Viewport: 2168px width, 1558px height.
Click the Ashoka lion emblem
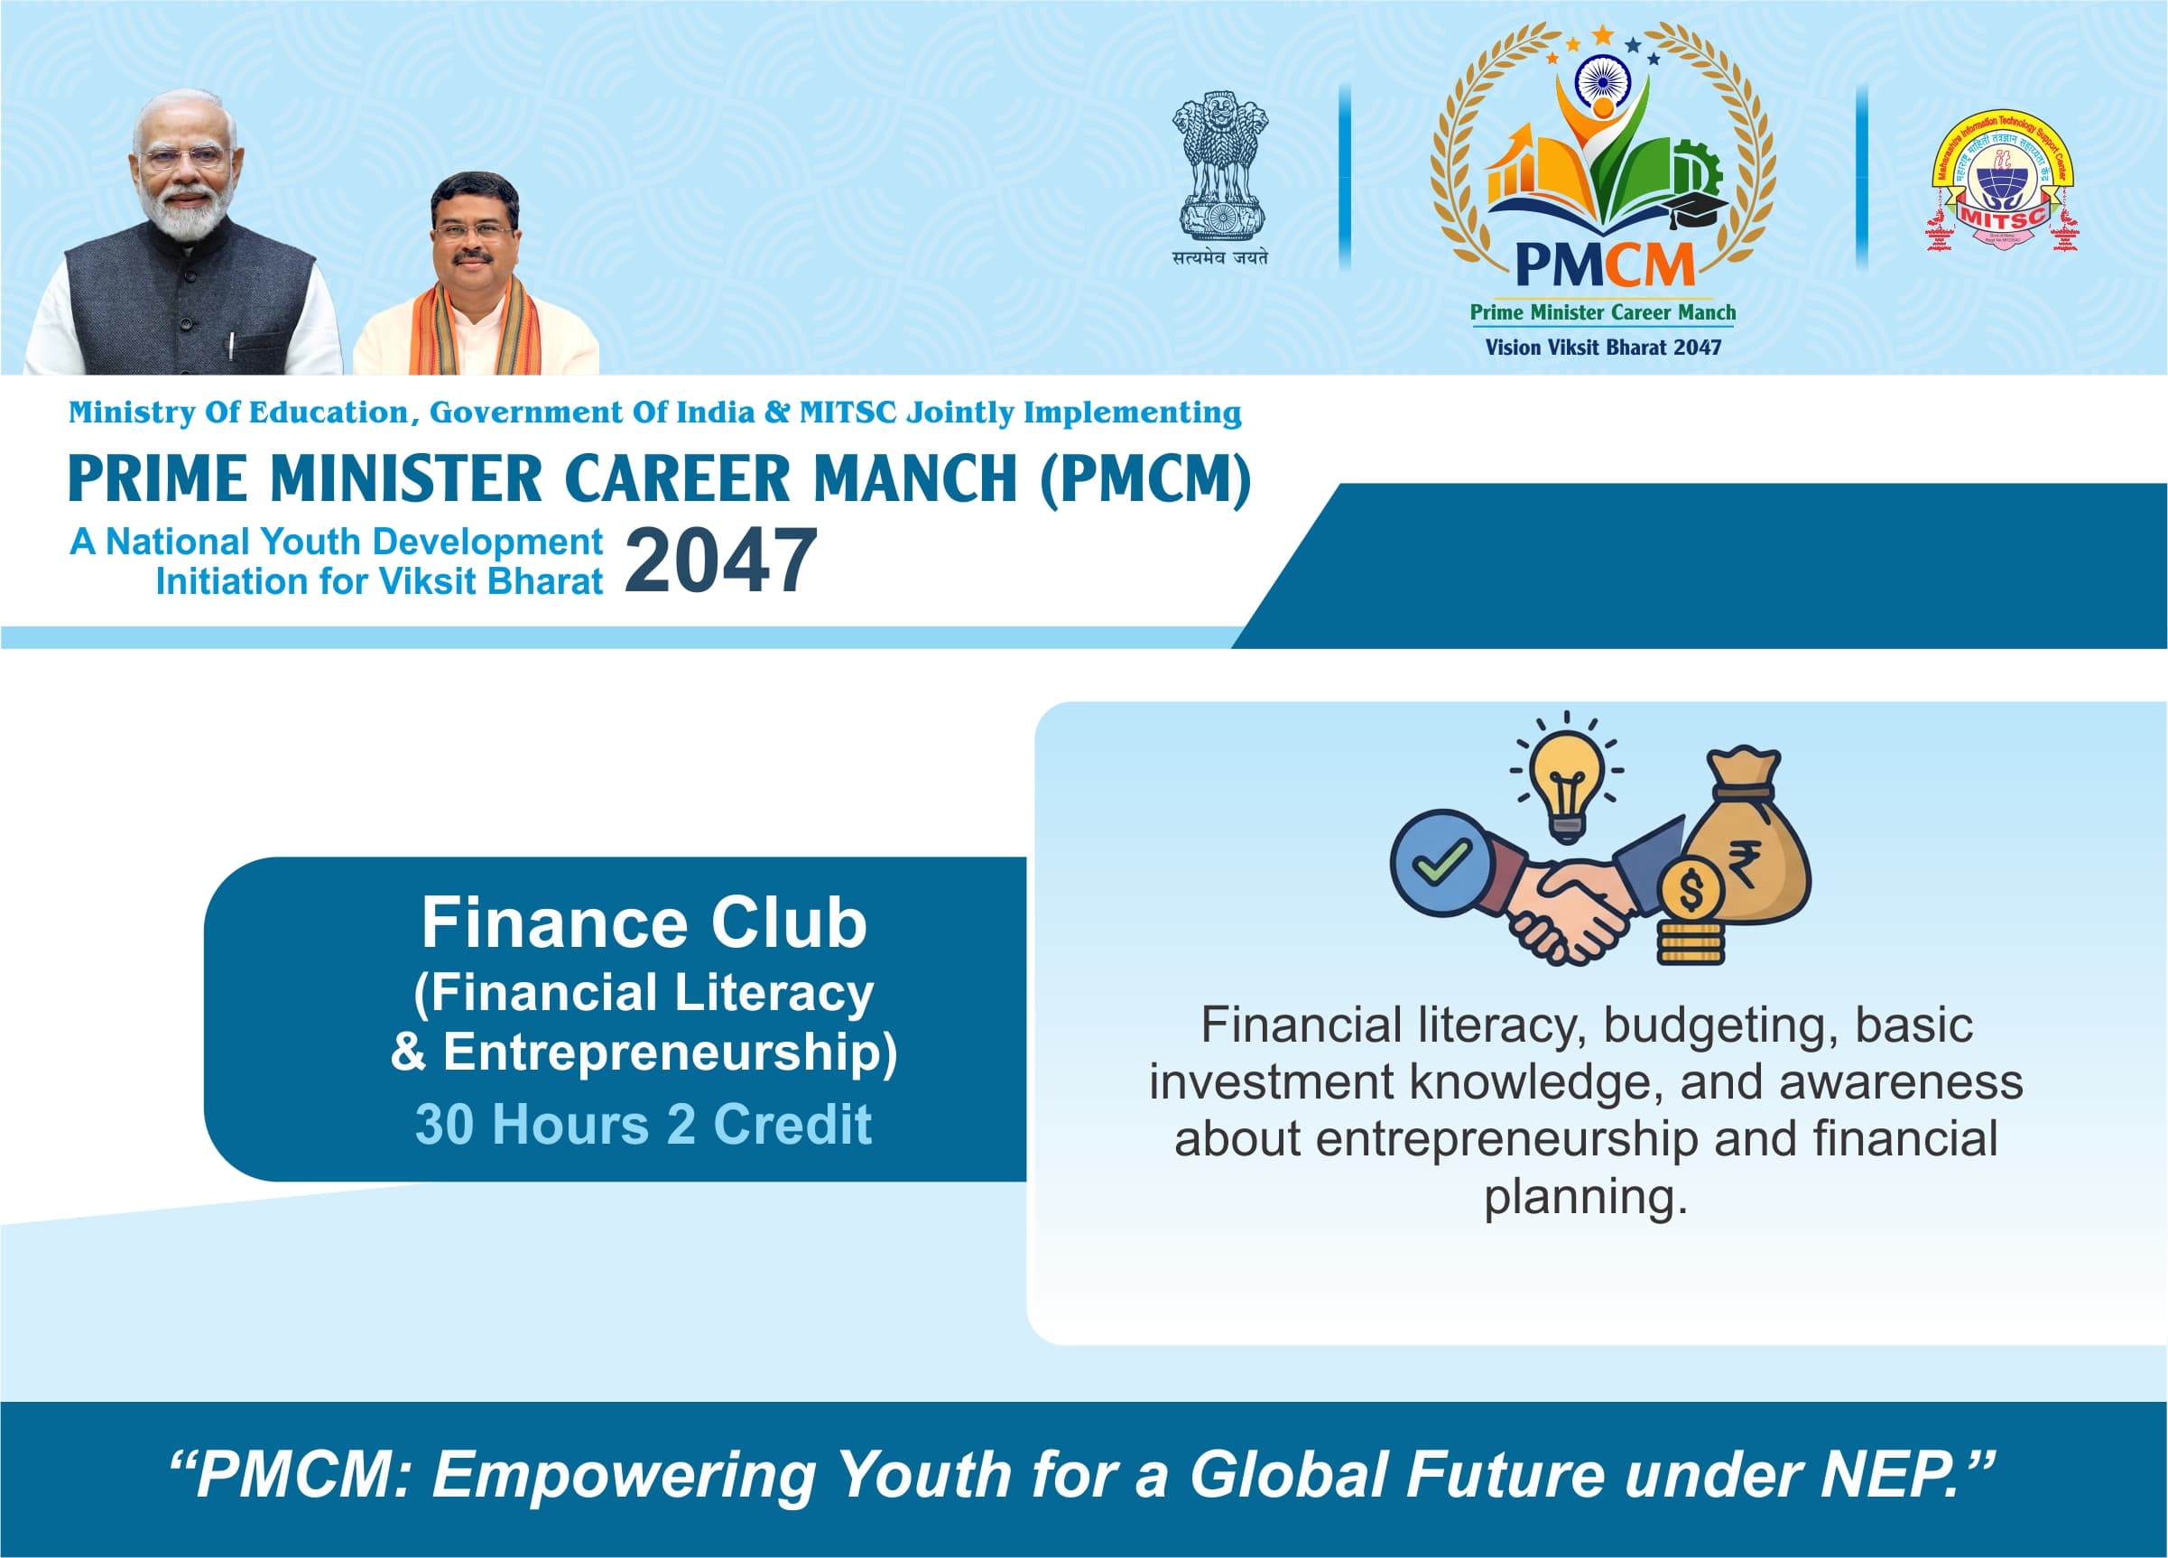1220,164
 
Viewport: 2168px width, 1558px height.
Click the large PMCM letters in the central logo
1603,264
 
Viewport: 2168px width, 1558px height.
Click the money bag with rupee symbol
1745,841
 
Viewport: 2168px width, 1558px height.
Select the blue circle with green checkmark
1440,862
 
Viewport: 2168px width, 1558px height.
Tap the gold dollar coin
1690,892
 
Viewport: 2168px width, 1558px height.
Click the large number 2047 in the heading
721,562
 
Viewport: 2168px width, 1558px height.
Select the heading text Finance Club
644,923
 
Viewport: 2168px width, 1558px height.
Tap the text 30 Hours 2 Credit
644,1124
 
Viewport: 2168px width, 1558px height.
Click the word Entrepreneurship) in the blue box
669,1053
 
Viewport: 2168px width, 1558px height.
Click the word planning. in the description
1585,1198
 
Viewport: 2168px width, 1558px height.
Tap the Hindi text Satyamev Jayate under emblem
1220,257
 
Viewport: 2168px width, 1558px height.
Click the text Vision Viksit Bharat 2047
1603,348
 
